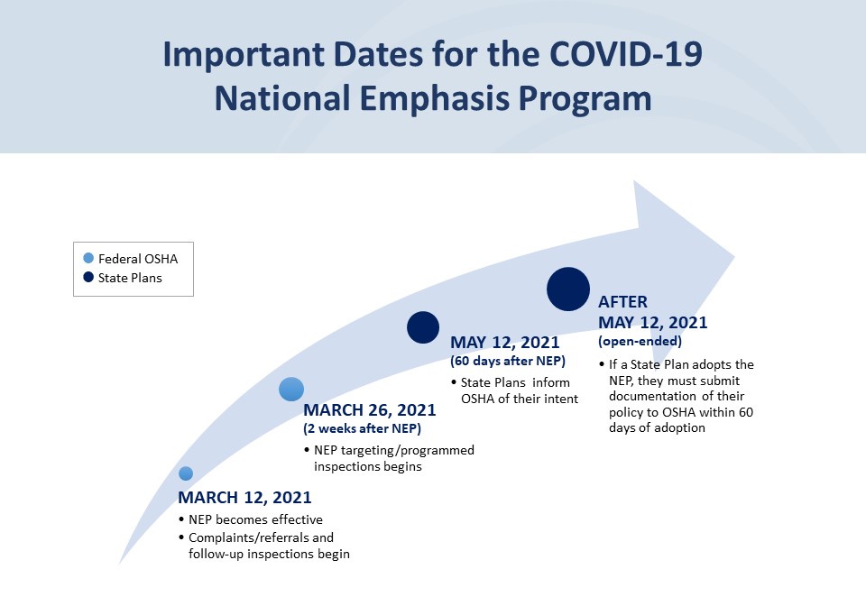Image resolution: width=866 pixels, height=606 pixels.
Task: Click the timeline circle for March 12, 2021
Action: pos(186,473)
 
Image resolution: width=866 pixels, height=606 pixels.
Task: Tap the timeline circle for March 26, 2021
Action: pos(291,389)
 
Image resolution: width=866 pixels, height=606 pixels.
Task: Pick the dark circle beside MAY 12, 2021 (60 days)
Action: pos(422,326)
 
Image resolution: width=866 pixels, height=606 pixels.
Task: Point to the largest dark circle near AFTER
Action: pos(568,289)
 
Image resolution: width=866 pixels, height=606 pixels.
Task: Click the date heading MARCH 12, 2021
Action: pos(244,498)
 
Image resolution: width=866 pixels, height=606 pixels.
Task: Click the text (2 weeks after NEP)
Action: pos(362,428)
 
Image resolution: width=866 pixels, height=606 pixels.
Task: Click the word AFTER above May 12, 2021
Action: pos(622,302)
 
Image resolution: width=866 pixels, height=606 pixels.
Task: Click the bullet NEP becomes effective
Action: pos(255,519)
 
